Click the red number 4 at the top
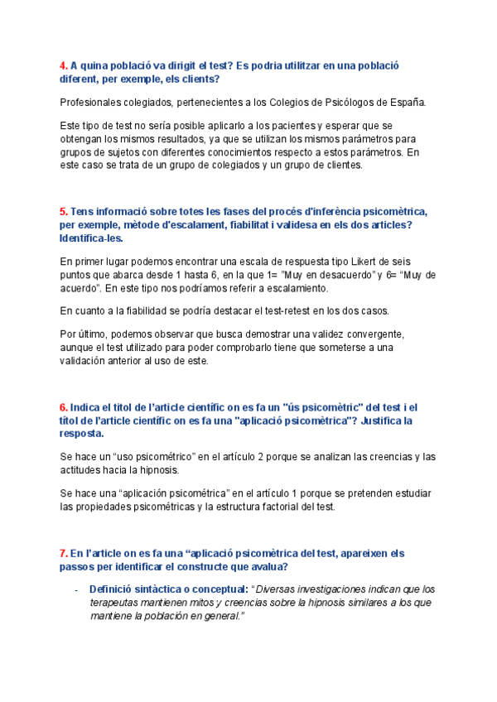click(63, 65)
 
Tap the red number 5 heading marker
click(63, 211)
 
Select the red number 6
click(63, 407)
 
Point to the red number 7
click(63, 552)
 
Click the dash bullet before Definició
click(76, 589)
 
